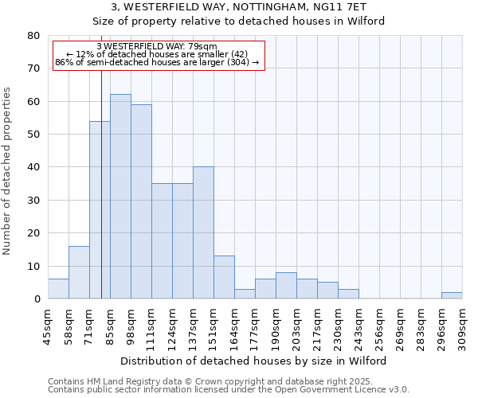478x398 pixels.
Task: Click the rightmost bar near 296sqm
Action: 452,295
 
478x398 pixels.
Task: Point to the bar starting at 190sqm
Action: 286,286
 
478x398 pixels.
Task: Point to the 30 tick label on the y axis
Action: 33,201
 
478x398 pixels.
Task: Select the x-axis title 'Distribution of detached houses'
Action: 255,361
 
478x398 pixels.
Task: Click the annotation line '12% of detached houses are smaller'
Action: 158,53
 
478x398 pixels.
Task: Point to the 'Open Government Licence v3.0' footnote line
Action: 229,390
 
